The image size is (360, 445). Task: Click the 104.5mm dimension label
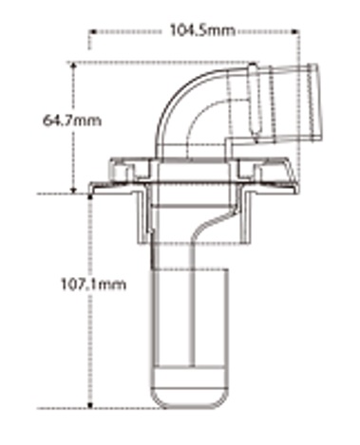[x=202, y=30]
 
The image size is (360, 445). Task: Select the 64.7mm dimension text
[x=72, y=121]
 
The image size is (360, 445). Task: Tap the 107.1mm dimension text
[x=93, y=285]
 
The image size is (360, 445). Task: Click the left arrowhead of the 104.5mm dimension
[x=93, y=31]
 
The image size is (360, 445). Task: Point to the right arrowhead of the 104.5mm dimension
[x=295, y=31]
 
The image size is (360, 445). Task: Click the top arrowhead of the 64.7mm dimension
[x=73, y=65]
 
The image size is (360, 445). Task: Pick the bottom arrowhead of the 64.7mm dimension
[x=73, y=190]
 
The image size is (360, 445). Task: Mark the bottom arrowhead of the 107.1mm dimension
[x=90, y=405]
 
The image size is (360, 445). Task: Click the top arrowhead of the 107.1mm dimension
[x=90, y=197]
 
